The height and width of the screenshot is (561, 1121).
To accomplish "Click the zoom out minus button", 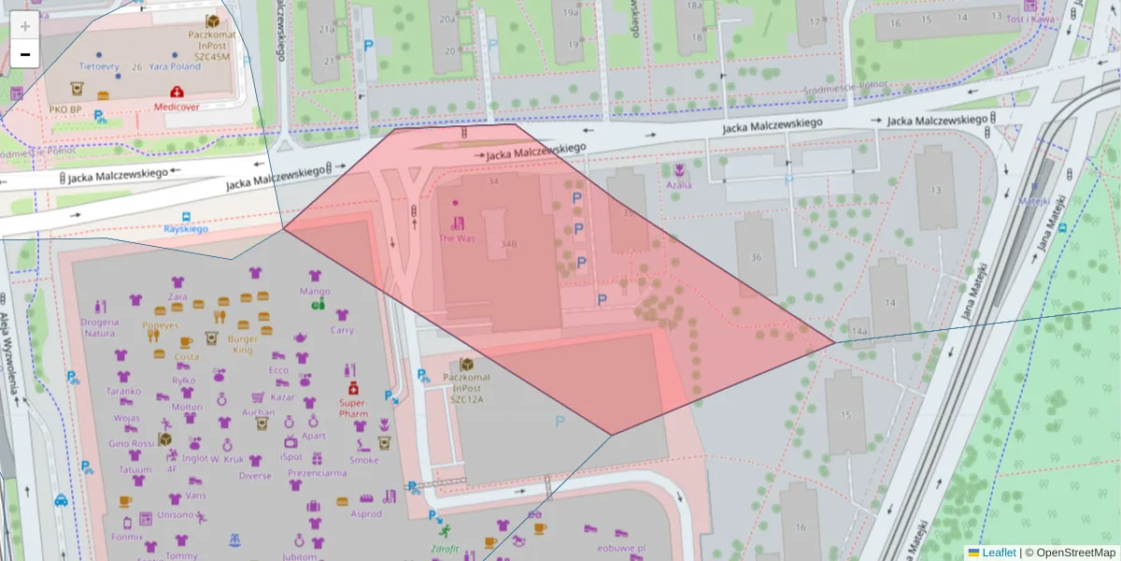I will click(25, 55).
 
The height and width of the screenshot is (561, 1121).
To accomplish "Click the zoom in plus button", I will click(25, 26).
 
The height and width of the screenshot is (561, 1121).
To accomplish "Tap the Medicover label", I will click(177, 107).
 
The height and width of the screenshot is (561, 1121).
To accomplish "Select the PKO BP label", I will click(65, 110).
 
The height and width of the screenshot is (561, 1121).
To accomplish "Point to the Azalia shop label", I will click(679, 184).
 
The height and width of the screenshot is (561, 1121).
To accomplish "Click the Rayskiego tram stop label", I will click(186, 228).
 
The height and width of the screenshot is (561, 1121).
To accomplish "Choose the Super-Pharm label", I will click(353, 407).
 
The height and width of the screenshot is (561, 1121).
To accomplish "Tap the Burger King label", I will click(243, 344).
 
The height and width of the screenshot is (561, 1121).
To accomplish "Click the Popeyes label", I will click(160, 325).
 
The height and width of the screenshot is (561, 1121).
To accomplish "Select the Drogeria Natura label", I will click(99, 326).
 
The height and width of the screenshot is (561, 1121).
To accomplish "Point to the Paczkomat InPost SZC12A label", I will click(465, 386).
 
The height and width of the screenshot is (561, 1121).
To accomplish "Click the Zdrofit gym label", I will click(445, 549).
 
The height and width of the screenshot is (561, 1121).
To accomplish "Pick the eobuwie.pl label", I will click(622, 548).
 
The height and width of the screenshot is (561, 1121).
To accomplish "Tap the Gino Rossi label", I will click(131, 443).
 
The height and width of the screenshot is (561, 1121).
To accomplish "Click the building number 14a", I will click(859, 332).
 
